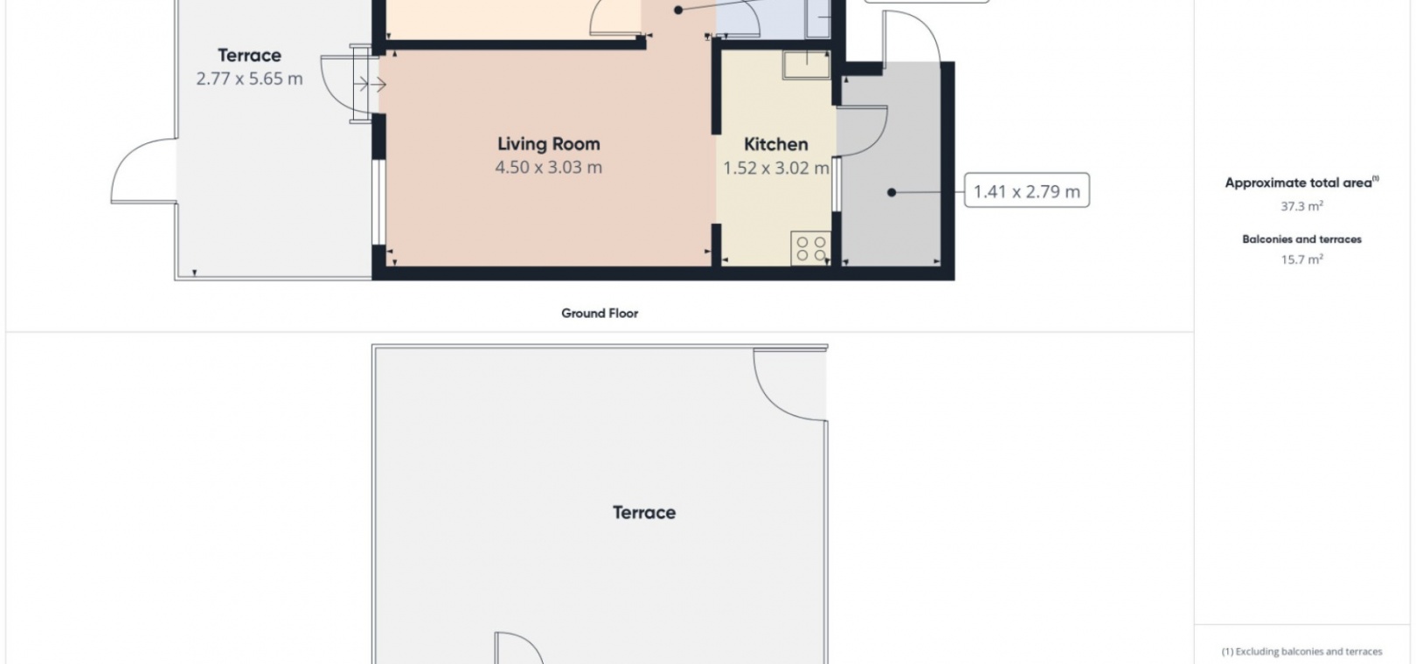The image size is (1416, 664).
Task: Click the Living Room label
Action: pos(549,144)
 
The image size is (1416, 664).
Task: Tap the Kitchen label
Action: pos(775,144)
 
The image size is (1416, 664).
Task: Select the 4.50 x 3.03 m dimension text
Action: pos(549,168)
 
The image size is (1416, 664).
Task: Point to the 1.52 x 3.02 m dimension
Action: pos(775,168)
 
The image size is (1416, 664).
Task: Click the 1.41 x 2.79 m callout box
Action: pos(1026,190)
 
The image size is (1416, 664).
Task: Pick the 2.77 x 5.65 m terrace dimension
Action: pos(249,79)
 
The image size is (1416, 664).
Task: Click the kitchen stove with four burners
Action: pos(810,247)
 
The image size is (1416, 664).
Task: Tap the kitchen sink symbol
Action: pos(806,65)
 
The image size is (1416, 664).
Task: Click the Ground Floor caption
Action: pos(600,314)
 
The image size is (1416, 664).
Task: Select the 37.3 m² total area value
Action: pos(1301,206)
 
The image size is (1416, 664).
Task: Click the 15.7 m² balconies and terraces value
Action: pos(1301,259)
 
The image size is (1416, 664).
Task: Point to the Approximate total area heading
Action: pos(1301,183)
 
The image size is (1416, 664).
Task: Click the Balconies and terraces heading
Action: pos(1301,239)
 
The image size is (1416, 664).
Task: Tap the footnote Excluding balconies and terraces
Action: pos(1301,652)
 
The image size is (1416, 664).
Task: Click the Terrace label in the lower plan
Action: pos(644,512)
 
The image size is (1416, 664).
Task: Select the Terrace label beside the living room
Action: pos(249,56)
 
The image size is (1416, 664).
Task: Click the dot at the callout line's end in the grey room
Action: pos(892,192)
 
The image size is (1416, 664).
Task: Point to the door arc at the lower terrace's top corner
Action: pos(774,399)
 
